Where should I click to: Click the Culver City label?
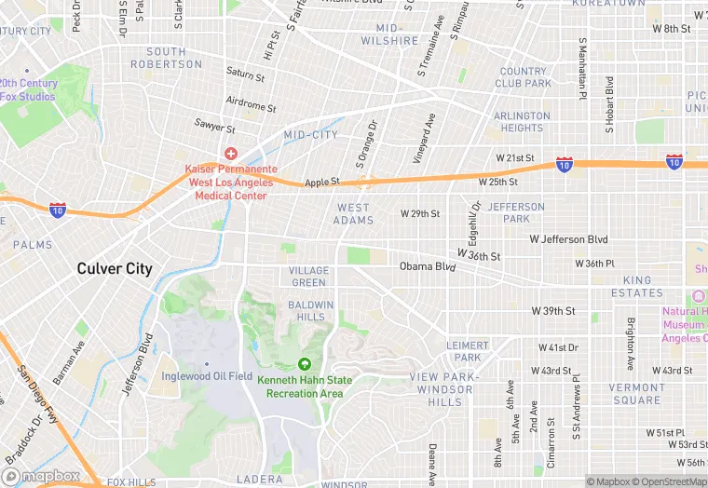click(x=114, y=268)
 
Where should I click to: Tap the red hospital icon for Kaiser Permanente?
click(x=228, y=153)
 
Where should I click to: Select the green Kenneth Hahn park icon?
click(x=304, y=365)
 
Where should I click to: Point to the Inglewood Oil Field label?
click(x=207, y=375)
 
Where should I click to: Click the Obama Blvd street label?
click(x=428, y=266)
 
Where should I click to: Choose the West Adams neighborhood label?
click(x=354, y=214)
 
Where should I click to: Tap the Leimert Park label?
click(x=468, y=351)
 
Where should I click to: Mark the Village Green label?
click(x=308, y=277)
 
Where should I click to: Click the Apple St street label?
click(x=323, y=183)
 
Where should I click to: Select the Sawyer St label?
click(x=215, y=124)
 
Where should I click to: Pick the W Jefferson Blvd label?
click(x=569, y=239)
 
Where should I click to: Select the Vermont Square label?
click(x=635, y=394)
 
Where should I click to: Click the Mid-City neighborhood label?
click(x=311, y=135)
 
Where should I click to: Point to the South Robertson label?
click(x=167, y=58)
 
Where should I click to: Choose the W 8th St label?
click(x=671, y=29)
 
